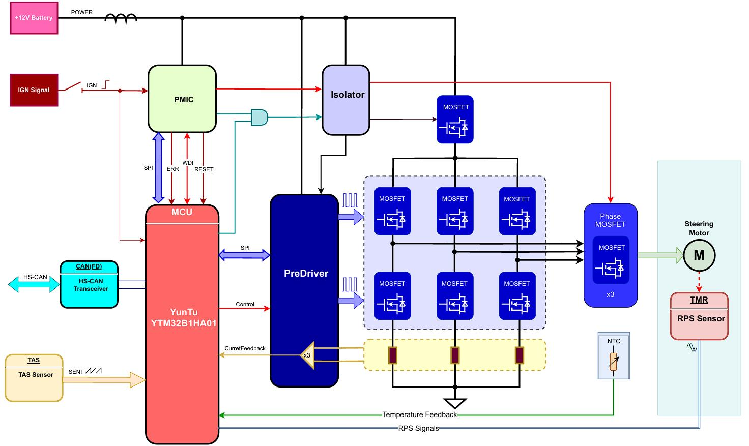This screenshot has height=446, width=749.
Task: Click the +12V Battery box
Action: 34,18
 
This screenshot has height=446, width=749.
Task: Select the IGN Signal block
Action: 34,90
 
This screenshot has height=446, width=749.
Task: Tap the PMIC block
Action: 182,99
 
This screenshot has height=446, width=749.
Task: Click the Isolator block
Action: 345,100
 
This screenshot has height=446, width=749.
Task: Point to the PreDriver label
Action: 306,273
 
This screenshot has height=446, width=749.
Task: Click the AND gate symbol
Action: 260,117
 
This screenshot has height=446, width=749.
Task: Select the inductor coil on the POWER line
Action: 121,19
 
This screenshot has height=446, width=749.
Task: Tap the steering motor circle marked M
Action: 699,255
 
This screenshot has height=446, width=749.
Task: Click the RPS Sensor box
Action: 699,316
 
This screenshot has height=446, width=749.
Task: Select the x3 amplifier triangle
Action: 308,355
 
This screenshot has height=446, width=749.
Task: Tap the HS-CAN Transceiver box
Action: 89,284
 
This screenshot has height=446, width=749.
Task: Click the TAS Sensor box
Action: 34,378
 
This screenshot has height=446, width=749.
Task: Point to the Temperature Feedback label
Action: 419,414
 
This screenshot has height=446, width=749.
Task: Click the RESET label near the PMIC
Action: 204,169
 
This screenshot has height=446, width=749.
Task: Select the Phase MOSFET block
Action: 611,255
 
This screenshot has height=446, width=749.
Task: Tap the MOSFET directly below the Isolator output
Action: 455,120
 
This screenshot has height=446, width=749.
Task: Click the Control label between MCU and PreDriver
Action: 245,304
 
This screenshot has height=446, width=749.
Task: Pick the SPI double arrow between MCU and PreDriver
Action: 244,255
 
